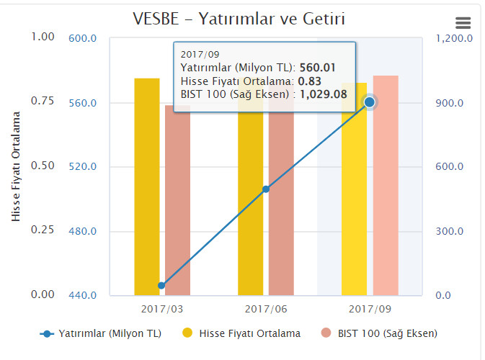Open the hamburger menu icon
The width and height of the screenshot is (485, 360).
(x=463, y=23)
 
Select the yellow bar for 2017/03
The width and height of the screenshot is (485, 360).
(x=147, y=186)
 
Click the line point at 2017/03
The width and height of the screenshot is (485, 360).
(x=161, y=286)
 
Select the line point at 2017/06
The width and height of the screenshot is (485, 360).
(x=265, y=189)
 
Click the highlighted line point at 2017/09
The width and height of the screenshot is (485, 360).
(x=370, y=102)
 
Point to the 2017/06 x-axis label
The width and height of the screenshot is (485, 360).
(x=265, y=308)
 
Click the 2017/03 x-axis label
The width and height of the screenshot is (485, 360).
(x=161, y=308)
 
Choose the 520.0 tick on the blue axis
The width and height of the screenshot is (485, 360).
(x=83, y=167)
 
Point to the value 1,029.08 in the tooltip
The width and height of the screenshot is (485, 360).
(x=324, y=94)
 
